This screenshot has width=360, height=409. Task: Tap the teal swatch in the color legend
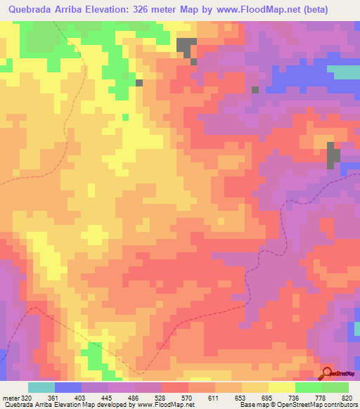pos(41,388)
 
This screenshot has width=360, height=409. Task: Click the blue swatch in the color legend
pos(68,388)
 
